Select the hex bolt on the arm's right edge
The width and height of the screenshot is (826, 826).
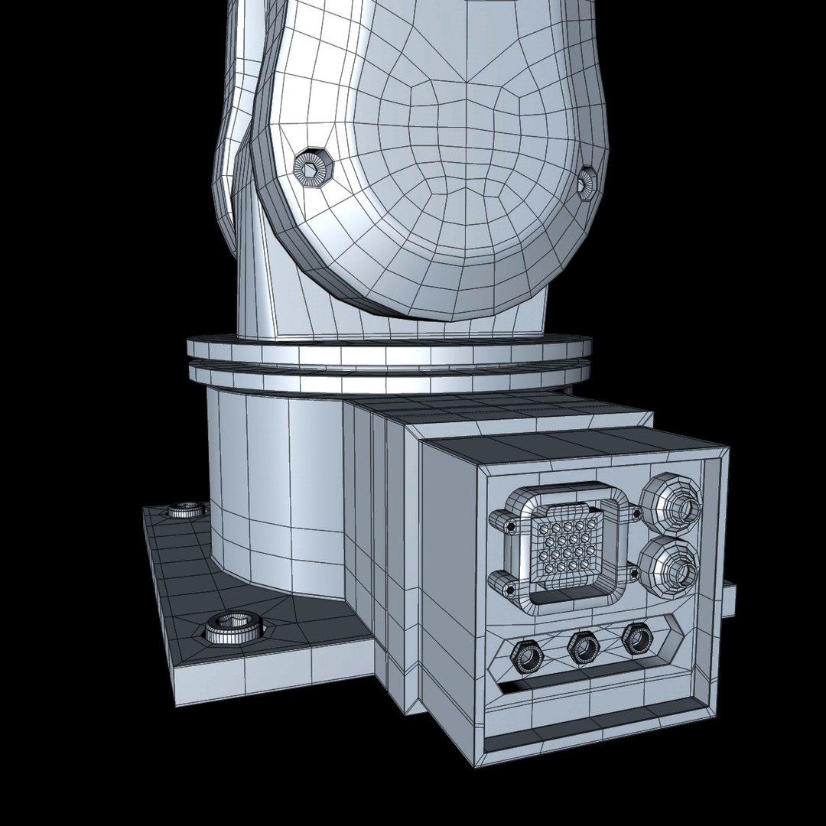tap(586, 181)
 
